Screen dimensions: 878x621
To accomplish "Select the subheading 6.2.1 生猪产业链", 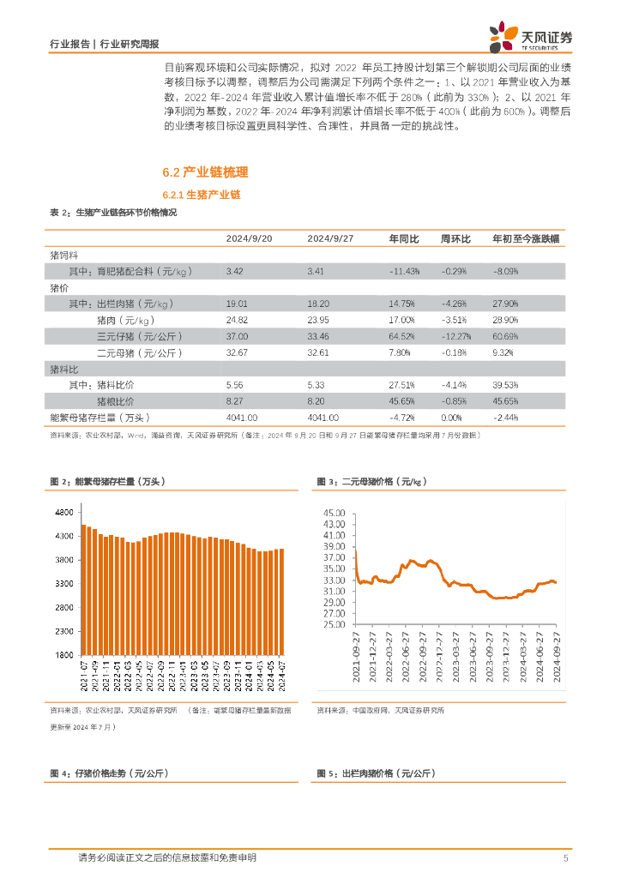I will (x=202, y=195).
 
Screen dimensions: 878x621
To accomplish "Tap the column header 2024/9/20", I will (x=249, y=238).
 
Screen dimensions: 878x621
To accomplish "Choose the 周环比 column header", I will (x=455, y=238).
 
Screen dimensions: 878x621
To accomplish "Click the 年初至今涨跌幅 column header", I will (x=527, y=238).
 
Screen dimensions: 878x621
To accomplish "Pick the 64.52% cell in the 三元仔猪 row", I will (x=404, y=336).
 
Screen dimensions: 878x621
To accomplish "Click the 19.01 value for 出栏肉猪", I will (x=237, y=304).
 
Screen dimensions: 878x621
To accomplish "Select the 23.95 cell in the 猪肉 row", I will (x=318, y=320).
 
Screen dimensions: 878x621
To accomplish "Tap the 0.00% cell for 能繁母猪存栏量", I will (x=451, y=418).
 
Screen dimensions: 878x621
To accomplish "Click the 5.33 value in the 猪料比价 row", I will (x=316, y=385).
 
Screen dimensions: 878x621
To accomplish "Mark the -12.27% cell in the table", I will (x=455, y=336).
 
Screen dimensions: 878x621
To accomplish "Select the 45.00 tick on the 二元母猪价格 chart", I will (x=334, y=513).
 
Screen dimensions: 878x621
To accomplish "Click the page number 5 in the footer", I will (x=565, y=857).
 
